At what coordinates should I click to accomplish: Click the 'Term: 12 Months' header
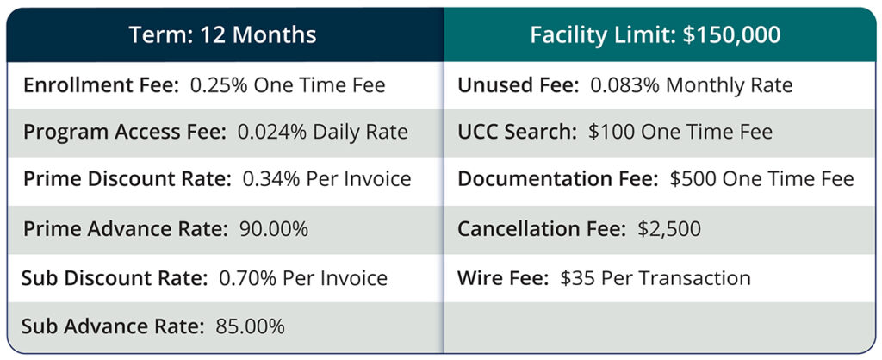(222, 35)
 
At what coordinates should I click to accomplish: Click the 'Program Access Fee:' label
(121, 133)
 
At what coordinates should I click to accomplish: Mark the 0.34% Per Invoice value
(326, 180)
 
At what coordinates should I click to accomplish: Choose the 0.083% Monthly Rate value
(691, 85)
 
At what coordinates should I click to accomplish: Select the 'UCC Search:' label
(518, 133)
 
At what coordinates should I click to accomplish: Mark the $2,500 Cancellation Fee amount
(669, 229)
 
